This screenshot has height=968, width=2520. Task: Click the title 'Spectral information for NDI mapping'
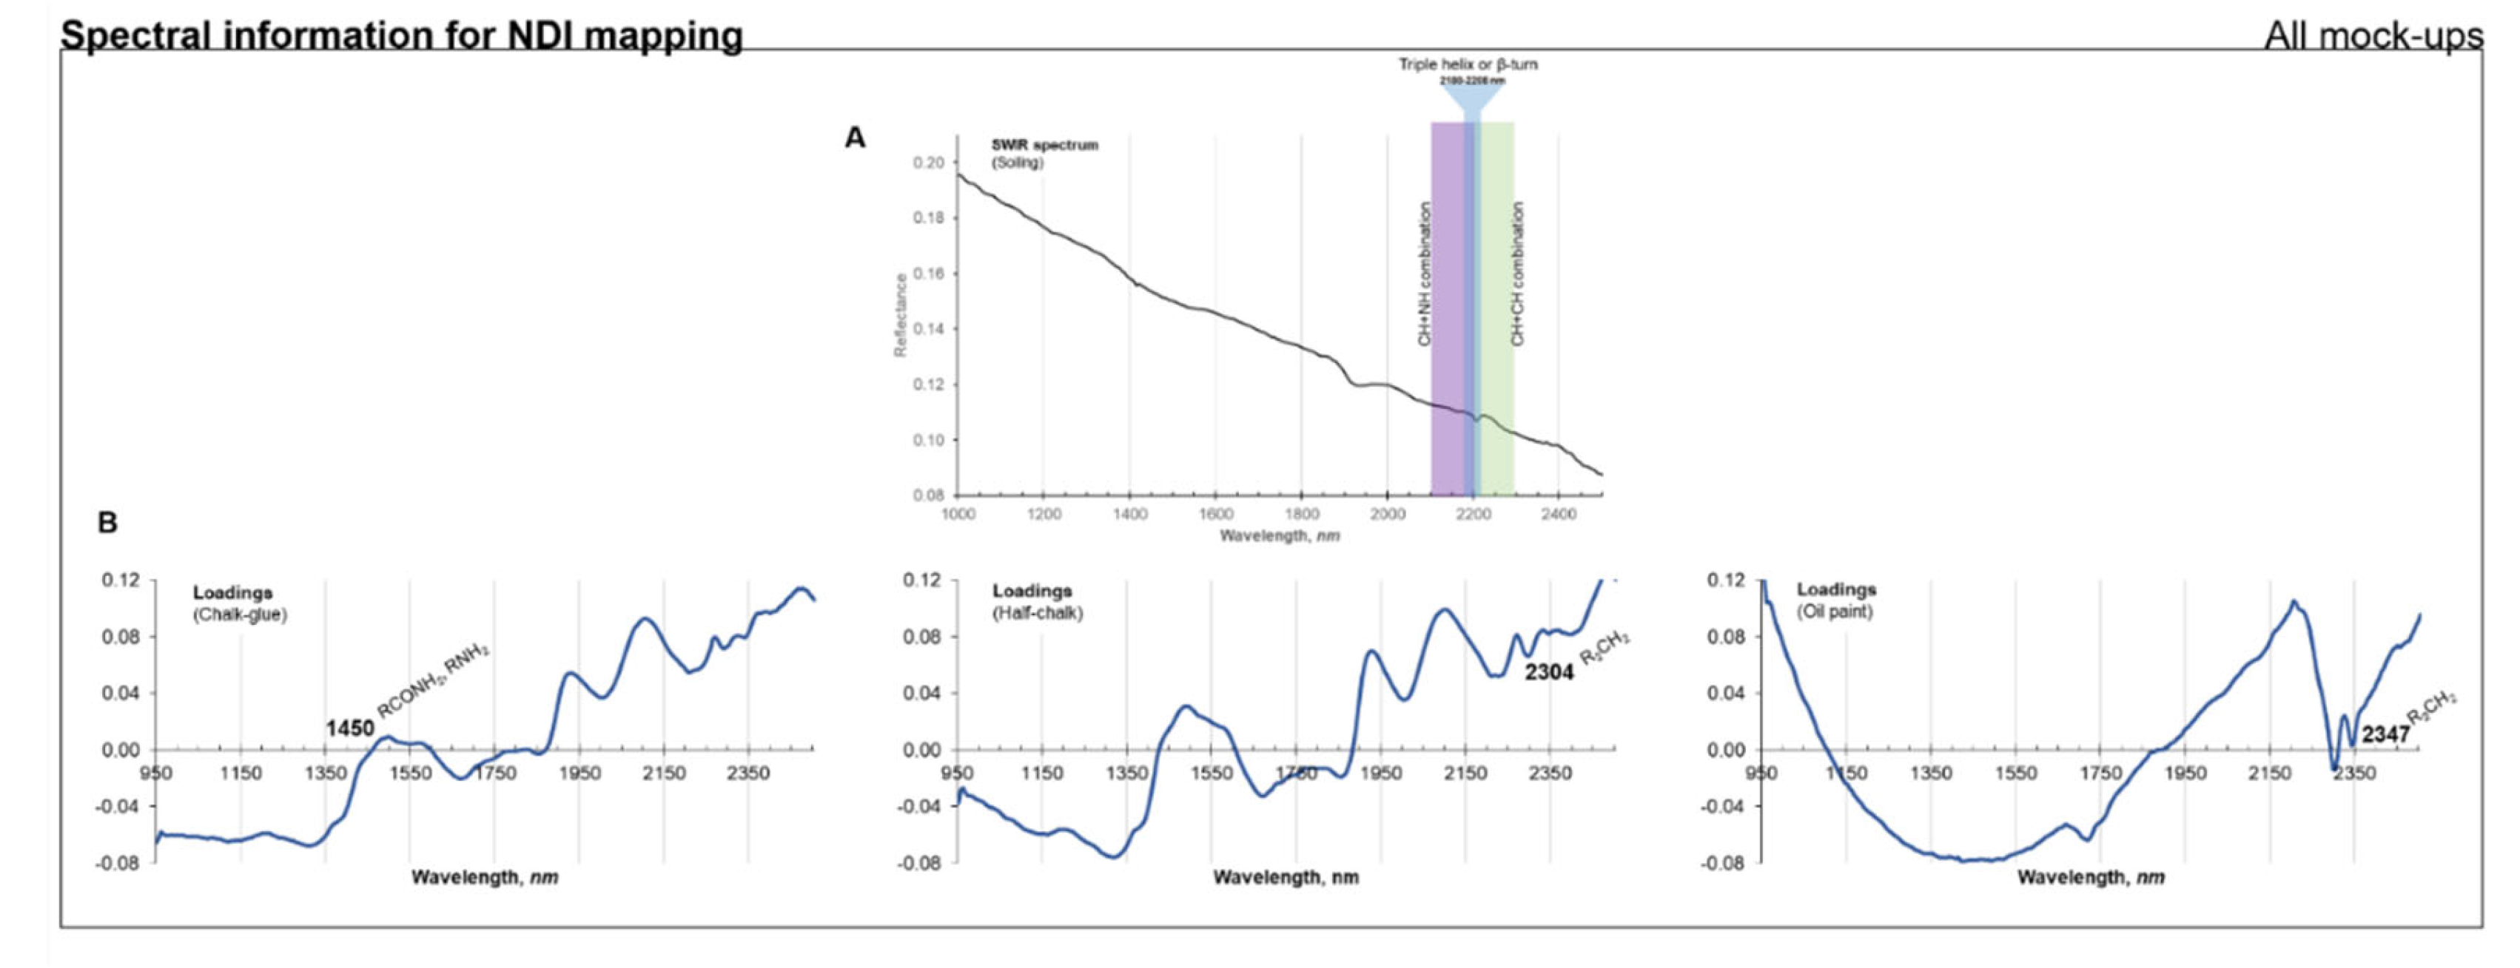(x=401, y=35)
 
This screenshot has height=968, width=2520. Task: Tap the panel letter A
(x=855, y=138)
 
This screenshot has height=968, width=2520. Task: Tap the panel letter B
(x=107, y=523)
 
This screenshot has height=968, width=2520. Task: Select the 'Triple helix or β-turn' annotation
(x=1468, y=64)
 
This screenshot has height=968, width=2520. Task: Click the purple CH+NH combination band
(x=1446, y=294)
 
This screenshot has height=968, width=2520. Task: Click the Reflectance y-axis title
(x=900, y=315)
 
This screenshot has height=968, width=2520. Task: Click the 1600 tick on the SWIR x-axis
(x=1215, y=514)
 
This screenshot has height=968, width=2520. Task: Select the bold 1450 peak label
(x=349, y=728)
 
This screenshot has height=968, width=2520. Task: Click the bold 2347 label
(x=2386, y=734)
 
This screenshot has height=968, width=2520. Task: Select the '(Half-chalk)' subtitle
(x=1037, y=613)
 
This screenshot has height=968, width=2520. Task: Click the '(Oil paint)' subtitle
(x=1834, y=612)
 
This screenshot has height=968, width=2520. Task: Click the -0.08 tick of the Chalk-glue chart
(x=118, y=864)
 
